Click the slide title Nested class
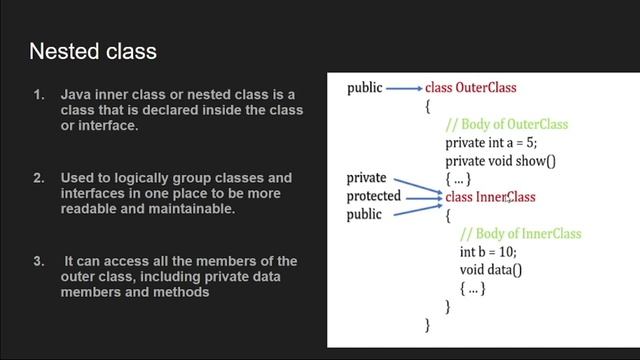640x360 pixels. point(93,51)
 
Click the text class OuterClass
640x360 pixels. point(470,88)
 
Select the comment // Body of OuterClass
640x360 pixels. point(506,124)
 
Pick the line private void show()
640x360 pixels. point(500,160)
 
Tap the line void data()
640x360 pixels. point(490,270)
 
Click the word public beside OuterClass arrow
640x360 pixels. point(364,88)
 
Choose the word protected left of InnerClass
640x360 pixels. point(373,196)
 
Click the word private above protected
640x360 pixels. point(366,178)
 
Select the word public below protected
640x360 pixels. point(364,214)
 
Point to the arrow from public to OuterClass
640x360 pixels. point(404,88)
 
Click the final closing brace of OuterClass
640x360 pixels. point(428,324)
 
